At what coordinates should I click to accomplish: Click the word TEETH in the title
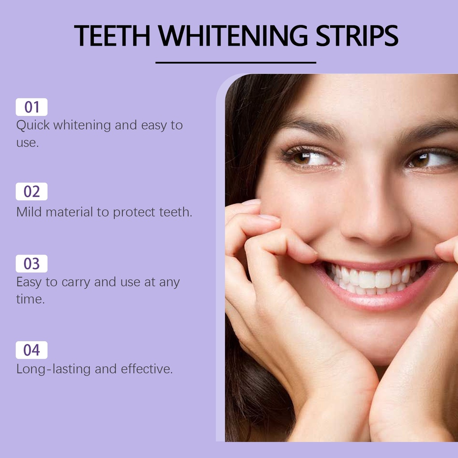click(x=112, y=36)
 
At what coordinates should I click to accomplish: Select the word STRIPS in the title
click(x=357, y=36)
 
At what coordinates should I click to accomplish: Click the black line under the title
click(x=236, y=63)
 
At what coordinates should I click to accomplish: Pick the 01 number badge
click(x=32, y=107)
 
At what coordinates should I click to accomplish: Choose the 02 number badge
click(x=32, y=191)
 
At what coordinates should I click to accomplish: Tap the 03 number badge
click(x=32, y=263)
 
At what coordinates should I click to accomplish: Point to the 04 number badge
click(x=32, y=350)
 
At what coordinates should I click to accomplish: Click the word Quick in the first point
click(x=33, y=126)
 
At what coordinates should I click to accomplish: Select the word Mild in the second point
click(x=29, y=212)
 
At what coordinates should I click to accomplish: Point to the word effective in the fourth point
click(x=147, y=369)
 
